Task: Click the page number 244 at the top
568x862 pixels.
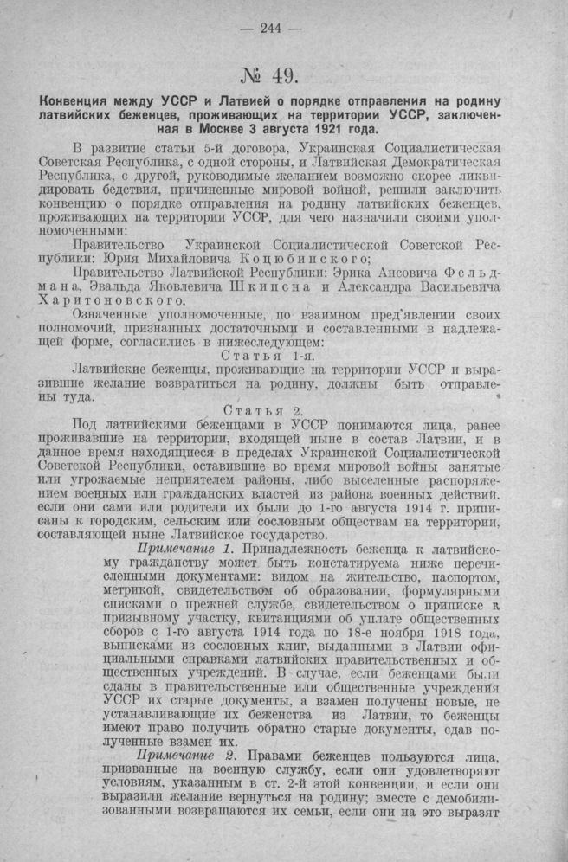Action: point(271,27)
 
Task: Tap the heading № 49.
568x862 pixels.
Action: point(270,74)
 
